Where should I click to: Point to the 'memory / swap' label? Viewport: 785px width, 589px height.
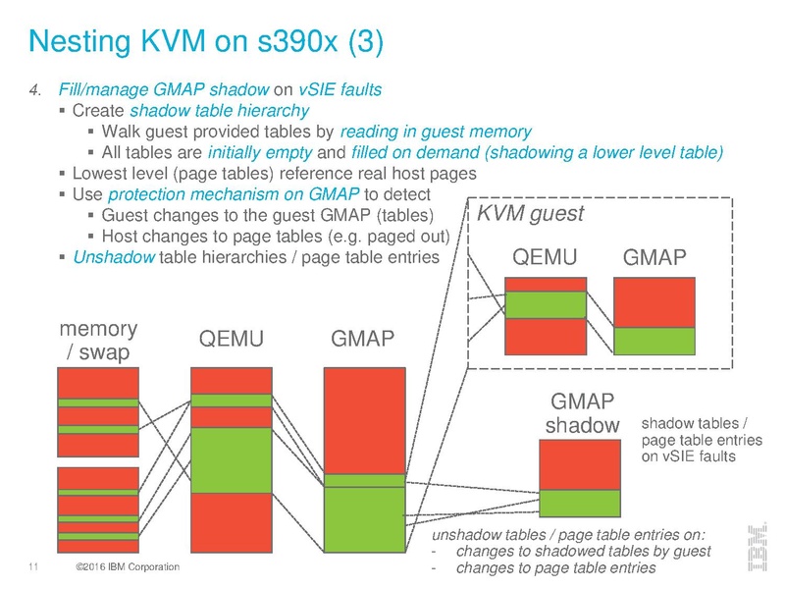(x=98, y=340)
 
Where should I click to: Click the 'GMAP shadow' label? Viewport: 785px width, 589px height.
(x=581, y=413)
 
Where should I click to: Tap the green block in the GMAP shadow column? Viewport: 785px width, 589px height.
(x=580, y=503)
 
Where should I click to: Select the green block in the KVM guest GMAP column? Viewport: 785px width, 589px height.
(x=654, y=340)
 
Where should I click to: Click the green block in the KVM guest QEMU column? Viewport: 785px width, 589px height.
(x=546, y=304)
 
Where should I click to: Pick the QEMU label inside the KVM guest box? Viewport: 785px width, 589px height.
(x=546, y=257)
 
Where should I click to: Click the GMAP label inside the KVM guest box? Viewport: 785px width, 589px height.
(x=654, y=257)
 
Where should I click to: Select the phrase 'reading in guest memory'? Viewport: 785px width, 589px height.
(x=437, y=132)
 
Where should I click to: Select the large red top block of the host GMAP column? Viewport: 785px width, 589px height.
(x=364, y=419)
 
